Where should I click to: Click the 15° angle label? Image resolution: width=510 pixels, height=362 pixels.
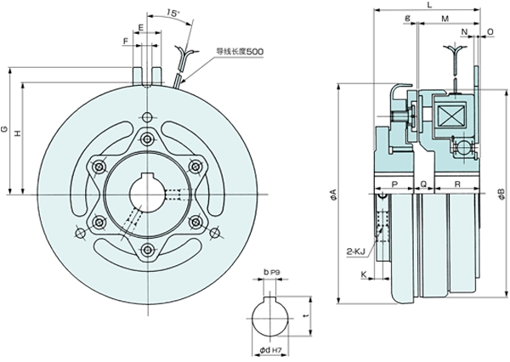(174, 14)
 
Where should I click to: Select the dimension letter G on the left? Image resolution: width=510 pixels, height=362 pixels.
(6, 129)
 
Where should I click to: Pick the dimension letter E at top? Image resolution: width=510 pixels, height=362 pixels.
(143, 28)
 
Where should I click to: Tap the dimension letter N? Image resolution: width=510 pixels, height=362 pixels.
(465, 32)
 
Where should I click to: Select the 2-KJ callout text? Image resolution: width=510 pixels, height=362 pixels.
(355, 252)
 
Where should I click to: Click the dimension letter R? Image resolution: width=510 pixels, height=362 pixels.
(457, 184)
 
